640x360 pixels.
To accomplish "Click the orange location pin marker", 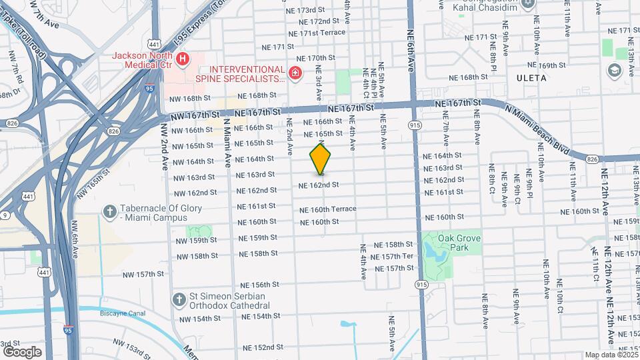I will click(321, 159).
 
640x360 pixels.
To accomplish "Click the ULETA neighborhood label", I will click(531, 78).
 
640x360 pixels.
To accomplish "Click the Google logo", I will click(22, 351).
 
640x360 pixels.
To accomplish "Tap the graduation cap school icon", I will click(613, 70).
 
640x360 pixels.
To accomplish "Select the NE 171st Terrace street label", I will click(313, 33).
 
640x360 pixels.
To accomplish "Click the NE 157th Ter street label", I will click(392, 257).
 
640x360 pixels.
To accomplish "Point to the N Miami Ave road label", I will click(227, 143).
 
